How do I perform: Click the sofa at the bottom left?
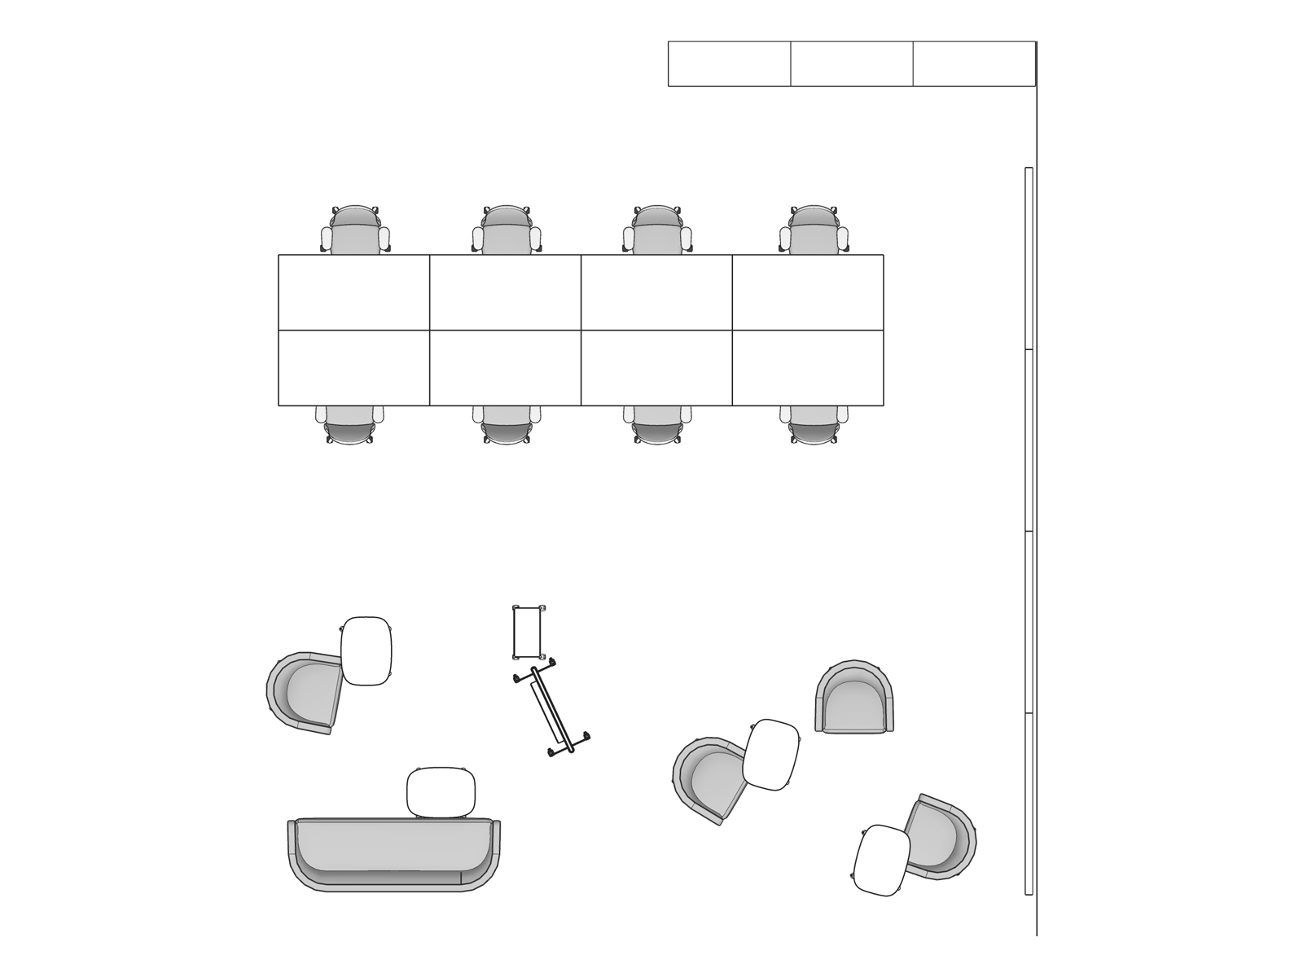point(393,855)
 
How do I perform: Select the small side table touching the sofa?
point(441,792)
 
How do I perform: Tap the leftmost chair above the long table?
point(355,231)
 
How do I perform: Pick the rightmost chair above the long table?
point(814,231)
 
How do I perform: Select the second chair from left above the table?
point(507,231)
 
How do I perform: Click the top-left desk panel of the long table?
point(353,292)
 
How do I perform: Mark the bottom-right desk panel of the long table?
point(808,368)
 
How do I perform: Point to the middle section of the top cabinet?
point(851,64)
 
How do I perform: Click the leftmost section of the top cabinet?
point(729,64)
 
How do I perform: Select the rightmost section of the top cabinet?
point(974,64)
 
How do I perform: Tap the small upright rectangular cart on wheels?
point(528,632)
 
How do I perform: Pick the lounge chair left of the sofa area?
point(305,692)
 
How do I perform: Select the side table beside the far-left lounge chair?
point(366,651)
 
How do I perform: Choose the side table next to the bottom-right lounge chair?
point(882,860)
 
